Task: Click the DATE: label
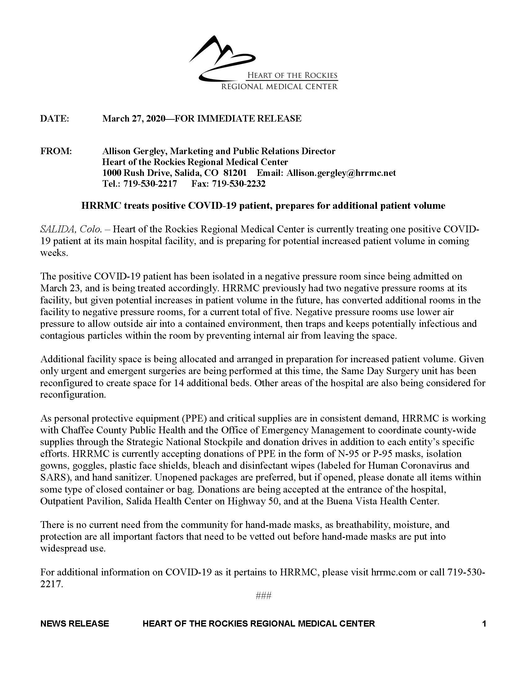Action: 55,118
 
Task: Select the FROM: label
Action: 56,151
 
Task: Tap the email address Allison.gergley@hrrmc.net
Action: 341,173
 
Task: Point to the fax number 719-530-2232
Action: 239,184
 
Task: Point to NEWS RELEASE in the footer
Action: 75,623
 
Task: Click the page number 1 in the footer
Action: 484,623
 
